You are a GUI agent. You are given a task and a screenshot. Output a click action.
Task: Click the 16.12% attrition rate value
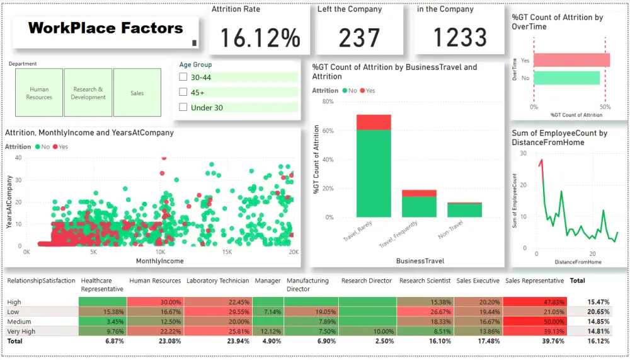tap(255, 38)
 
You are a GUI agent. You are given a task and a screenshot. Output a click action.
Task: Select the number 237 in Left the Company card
tap(359, 38)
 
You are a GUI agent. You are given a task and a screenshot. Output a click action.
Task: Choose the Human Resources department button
tap(39, 93)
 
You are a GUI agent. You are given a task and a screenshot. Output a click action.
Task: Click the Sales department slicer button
tap(137, 93)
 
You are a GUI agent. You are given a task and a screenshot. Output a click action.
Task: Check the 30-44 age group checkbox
tap(183, 77)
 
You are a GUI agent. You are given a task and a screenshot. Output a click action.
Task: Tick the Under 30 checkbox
tap(183, 108)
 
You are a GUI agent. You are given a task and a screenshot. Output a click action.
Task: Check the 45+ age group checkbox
tap(183, 92)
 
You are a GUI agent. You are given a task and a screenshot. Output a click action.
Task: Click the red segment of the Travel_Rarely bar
tap(374, 122)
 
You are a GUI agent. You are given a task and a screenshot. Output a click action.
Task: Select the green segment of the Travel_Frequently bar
tap(419, 207)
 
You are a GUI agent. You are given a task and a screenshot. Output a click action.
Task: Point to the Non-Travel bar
tap(464, 210)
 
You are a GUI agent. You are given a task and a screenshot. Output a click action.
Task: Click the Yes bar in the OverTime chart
tap(572, 60)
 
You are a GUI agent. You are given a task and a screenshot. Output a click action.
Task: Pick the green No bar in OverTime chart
tap(567, 78)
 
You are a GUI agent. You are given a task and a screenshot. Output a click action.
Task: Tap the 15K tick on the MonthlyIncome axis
tap(227, 252)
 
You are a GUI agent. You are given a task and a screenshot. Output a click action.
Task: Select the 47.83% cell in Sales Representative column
tap(534, 302)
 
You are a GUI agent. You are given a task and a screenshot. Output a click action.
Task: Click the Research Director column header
tap(367, 281)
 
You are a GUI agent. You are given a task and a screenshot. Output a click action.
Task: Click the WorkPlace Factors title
tap(106, 28)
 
